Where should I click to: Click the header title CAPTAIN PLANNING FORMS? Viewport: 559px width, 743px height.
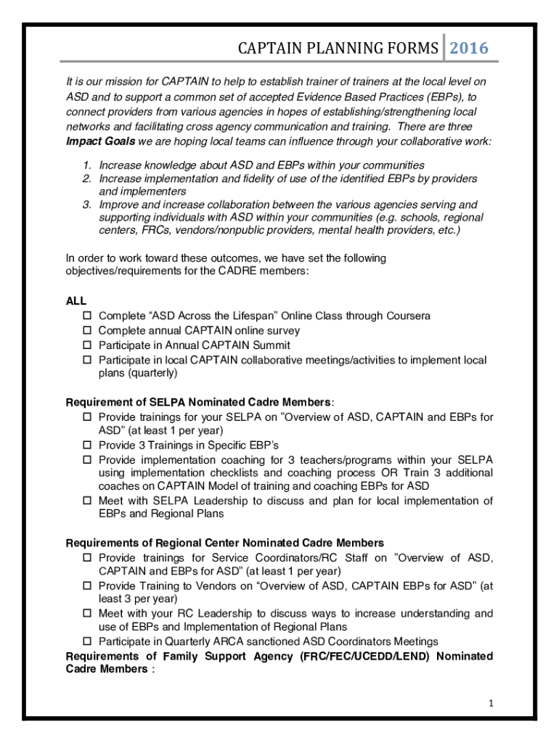click(x=338, y=49)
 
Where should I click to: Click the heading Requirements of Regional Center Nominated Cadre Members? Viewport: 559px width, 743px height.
click(x=225, y=543)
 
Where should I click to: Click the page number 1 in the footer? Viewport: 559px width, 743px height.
click(x=491, y=703)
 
